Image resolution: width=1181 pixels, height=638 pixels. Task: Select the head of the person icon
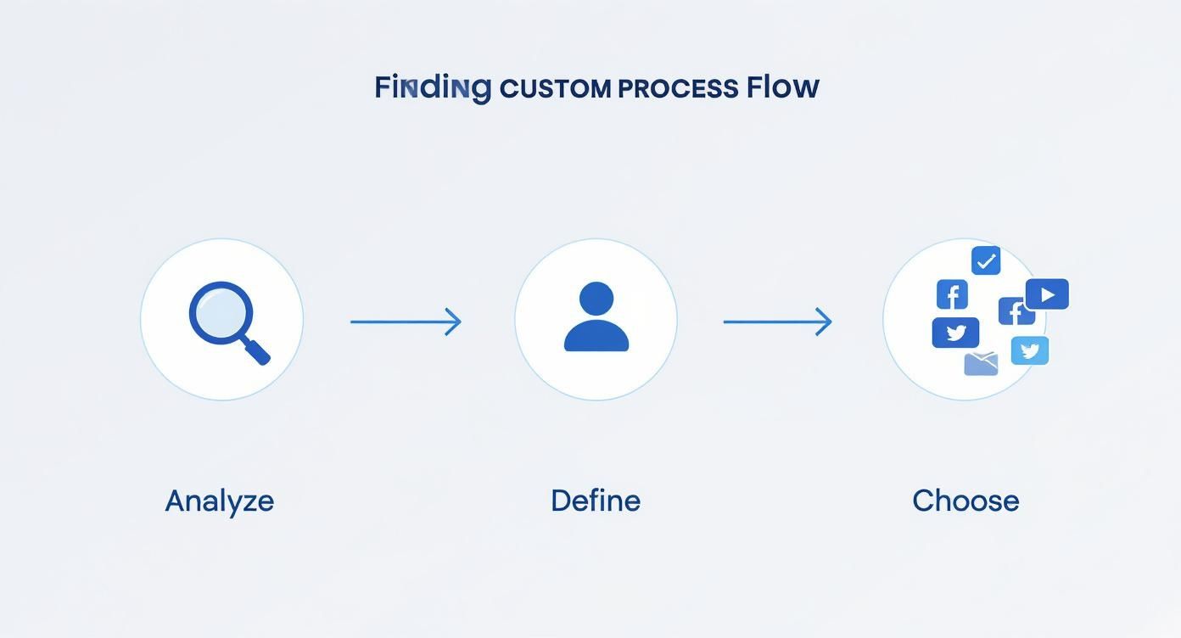point(596,299)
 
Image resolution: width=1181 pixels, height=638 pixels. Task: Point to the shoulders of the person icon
point(596,337)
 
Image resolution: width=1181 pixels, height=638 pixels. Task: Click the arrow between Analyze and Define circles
point(406,322)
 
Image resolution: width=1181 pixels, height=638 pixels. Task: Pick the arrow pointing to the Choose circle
point(777,322)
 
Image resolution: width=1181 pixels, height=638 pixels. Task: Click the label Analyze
point(220,501)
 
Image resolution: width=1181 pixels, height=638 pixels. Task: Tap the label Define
point(596,501)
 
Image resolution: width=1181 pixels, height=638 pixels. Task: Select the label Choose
point(966,501)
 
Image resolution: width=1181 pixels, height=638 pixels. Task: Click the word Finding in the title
point(433,87)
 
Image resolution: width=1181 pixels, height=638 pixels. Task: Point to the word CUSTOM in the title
point(555,88)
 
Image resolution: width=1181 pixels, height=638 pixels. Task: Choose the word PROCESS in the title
point(678,88)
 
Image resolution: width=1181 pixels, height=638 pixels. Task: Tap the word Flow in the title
point(783,87)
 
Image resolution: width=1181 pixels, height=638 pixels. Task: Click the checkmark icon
point(985,261)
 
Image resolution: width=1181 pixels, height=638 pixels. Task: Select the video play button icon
point(1047,294)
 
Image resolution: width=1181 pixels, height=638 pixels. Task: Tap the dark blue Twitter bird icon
point(955,333)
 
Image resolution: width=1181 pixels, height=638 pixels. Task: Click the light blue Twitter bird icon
point(1030,350)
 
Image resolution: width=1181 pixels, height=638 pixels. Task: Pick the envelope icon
point(982,364)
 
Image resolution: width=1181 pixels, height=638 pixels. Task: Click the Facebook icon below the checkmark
point(952,294)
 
